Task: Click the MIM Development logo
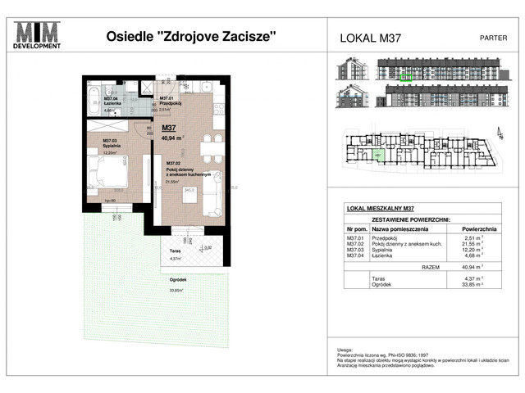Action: (x=39, y=35)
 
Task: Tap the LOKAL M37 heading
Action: (x=370, y=38)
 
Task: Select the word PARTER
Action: (x=492, y=38)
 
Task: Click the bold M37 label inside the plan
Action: (x=171, y=128)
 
